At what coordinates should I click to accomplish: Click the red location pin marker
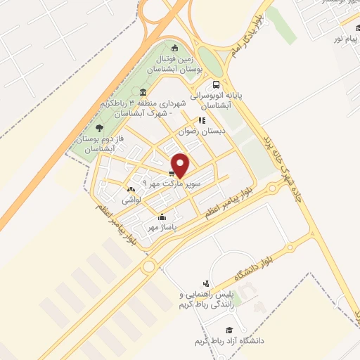tap(180, 165)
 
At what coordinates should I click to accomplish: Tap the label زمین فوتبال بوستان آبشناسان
tap(160, 64)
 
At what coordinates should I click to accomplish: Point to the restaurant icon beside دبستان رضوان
tap(202, 120)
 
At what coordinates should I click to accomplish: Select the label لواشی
tap(131, 200)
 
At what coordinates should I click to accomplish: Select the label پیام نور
tap(344, 37)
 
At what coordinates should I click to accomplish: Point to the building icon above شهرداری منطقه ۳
tap(143, 94)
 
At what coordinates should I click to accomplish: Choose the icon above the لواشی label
tap(131, 189)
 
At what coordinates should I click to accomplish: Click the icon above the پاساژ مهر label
tap(162, 217)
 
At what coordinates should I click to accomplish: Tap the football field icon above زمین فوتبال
tap(175, 49)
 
